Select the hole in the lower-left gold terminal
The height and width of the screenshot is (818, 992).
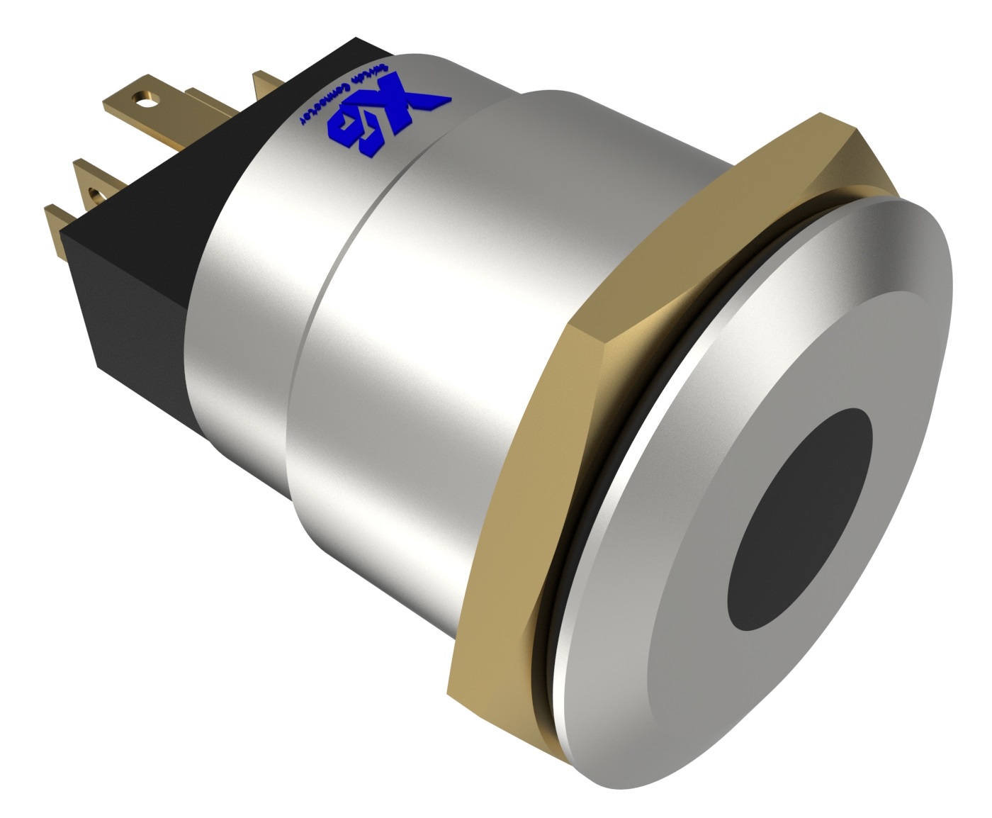(93, 190)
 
